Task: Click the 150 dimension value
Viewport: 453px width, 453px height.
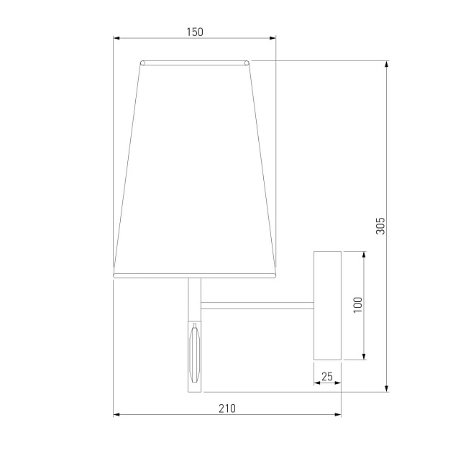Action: [x=195, y=32]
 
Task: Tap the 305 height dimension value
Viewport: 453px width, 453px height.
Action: [x=380, y=226]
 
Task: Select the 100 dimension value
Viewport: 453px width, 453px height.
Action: [x=357, y=305]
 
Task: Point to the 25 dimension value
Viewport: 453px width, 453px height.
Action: [x=327, y=377]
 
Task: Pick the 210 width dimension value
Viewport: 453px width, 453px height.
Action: [x=227, y=408]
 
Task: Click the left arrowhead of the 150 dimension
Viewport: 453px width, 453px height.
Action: [x=116, y=38]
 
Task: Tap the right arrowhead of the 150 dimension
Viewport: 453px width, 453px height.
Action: [x=273, y=38]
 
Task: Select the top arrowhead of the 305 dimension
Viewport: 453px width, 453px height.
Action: [x=387, y=64]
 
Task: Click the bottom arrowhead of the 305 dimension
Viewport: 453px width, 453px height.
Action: [x=387, y=388]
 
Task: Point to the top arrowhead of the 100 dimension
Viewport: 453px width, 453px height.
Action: [x=364, y=255]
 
